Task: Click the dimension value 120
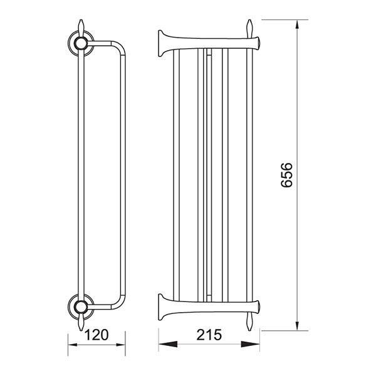(97, 335)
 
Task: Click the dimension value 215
(209, 335)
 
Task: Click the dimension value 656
(286, 175)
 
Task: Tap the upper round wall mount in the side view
(81, 44)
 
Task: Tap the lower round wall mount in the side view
(81, 306)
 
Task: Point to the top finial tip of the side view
(81, 19)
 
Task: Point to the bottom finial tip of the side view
(81, 331)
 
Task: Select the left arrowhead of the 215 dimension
(168, 344)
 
